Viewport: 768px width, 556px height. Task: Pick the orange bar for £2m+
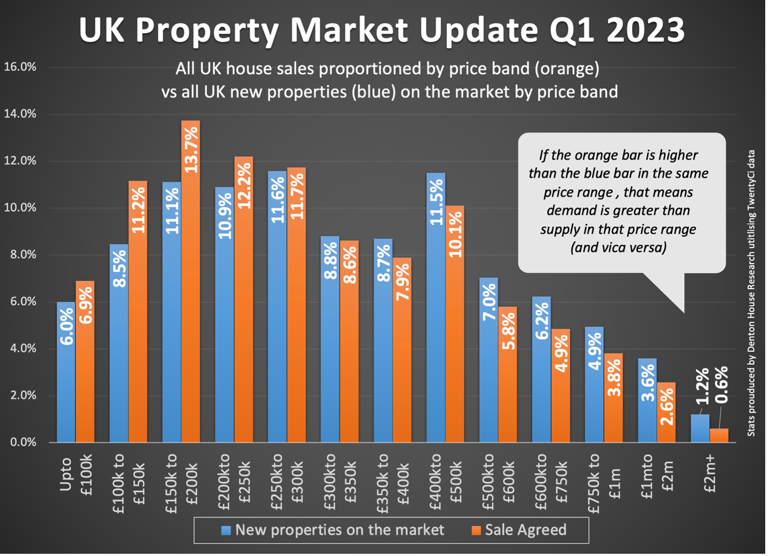[719, 435]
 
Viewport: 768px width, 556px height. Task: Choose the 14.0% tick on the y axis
[20, 114]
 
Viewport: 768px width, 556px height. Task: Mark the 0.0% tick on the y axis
[20, 442]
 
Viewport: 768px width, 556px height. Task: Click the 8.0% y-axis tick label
[20, 255]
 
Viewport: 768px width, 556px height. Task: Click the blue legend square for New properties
[226, 530]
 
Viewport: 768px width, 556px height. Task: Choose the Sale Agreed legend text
[526, 530]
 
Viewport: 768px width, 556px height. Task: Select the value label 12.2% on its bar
[244, 186]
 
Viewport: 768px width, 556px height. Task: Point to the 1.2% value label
[703, 386]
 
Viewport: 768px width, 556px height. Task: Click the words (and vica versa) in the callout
[618, 247]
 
